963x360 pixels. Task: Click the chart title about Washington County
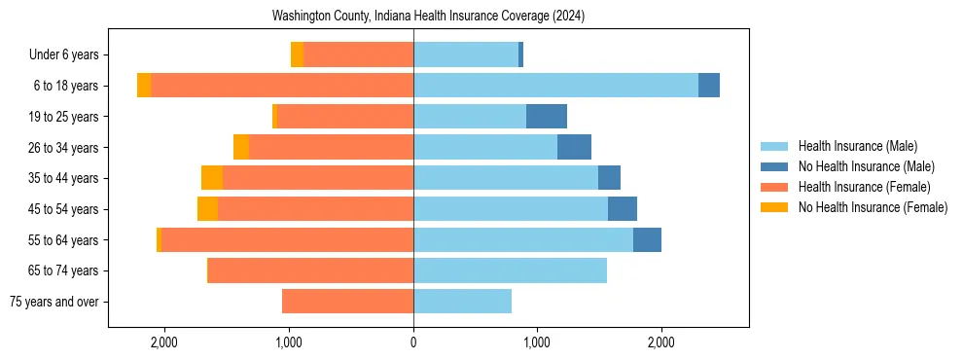428,17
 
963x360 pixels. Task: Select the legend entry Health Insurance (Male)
856,146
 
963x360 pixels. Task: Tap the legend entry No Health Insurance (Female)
873,207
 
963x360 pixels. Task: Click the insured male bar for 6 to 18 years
555,86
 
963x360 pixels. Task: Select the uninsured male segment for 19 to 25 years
547,117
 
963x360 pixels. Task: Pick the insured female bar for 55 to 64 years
287,240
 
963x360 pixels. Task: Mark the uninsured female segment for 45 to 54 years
207,209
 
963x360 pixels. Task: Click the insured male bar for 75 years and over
462,302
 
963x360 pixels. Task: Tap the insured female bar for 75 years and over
347,302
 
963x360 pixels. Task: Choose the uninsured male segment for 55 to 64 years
647,240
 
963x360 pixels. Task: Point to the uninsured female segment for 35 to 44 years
212,178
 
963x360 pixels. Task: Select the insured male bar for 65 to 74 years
510,270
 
